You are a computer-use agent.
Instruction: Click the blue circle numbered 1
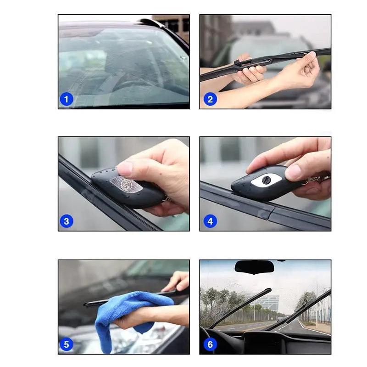click(67, 99)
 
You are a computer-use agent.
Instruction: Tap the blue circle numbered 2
click(210, 99)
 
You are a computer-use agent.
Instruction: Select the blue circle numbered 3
click(67, 221)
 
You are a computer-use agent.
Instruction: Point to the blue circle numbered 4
click(210, 221)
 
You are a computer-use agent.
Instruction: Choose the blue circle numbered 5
click(67, 344)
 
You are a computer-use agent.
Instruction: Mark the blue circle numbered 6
click(210, 344)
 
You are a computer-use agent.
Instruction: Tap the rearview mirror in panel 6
click(254, 267)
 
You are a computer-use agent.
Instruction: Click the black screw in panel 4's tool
click(266, 180)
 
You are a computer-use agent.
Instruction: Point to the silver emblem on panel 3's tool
click(126, 184)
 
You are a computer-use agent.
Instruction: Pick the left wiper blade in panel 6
click(240, 308)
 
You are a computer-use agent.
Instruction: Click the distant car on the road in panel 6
click(279, 319)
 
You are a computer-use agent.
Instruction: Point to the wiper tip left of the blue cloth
click(86, 305)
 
